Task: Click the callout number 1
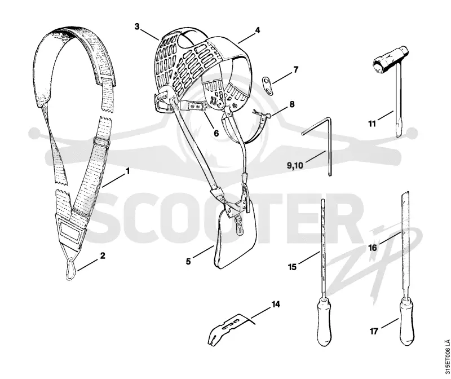click(128, 171)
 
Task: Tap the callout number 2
click(103, 256)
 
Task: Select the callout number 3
click(137, 27)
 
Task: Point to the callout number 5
click(188, 262)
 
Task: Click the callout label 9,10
click(295, 165)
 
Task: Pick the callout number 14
click(276, 304)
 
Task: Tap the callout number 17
click(373, 332)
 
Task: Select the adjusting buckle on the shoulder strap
click(101, 142)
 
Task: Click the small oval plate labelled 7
click(267, 86)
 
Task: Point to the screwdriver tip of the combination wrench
click(399, 130)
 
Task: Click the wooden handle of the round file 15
click(324, 321)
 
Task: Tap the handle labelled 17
click(406, 321)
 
